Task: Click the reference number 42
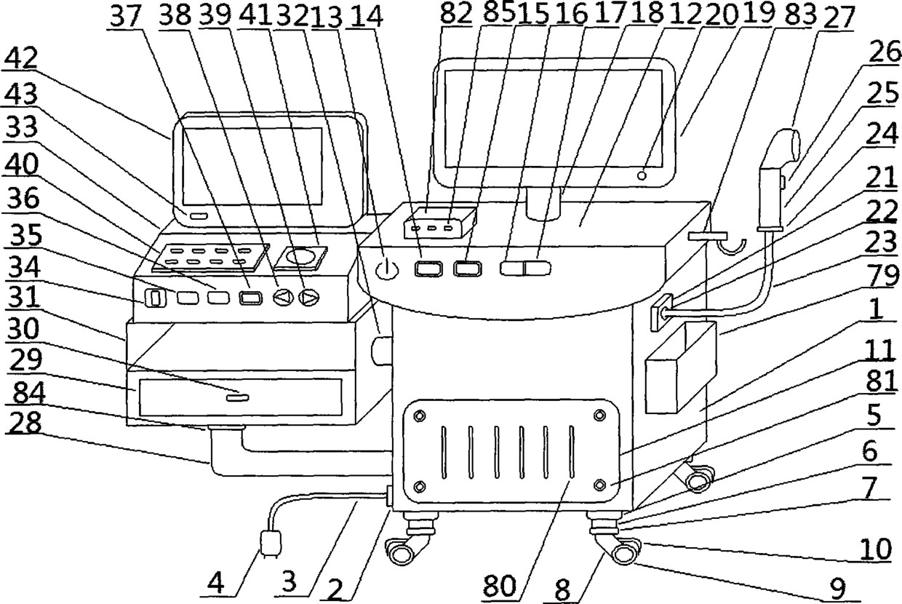(21, 57)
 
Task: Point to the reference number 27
(839, 17)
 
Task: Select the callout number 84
(29, 392)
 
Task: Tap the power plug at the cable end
(271, 544)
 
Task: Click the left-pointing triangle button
(283, 298)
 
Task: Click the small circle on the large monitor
(642, 175)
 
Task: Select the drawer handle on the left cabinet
(237, 398)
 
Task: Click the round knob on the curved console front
(386, 269)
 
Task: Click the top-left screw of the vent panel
(420, 416)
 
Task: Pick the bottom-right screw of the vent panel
(599, 485)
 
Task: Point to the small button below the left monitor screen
(199, 216)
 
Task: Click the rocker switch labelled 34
(156, 298)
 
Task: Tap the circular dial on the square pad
(300, 257)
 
